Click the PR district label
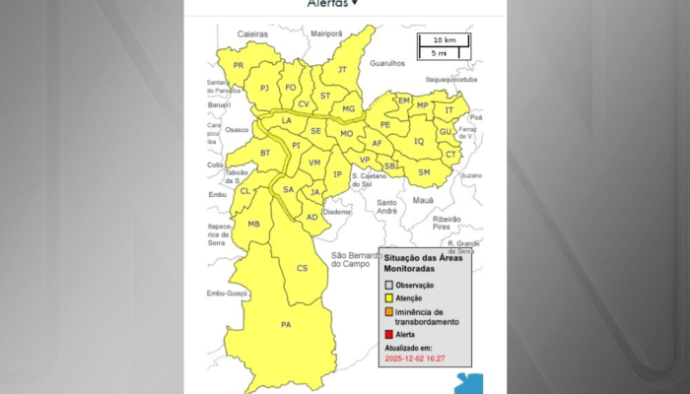point(239,65)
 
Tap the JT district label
point(342,69)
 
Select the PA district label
point(286,324)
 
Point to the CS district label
point(303,268)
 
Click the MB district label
point(254,225)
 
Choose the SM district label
point(424,172)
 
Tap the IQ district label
point(419,141)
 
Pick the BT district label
point(265,153)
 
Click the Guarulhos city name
point(387,63)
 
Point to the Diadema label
point(337,211)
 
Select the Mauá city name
point(423,200)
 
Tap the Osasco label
point(238,129)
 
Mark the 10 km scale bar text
point(443,40)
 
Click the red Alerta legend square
point(388,335)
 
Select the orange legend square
point(388,312)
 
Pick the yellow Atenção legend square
point(388,298)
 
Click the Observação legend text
point(415,286)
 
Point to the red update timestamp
point(415,358)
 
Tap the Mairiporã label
point(326,33)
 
